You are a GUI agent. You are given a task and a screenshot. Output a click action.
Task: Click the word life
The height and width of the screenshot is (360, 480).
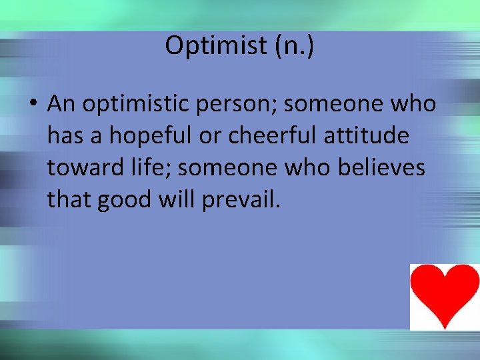149,168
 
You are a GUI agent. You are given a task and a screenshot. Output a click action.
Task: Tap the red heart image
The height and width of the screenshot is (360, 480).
444,296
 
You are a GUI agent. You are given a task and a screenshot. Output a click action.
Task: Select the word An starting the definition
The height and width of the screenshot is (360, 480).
61,105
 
